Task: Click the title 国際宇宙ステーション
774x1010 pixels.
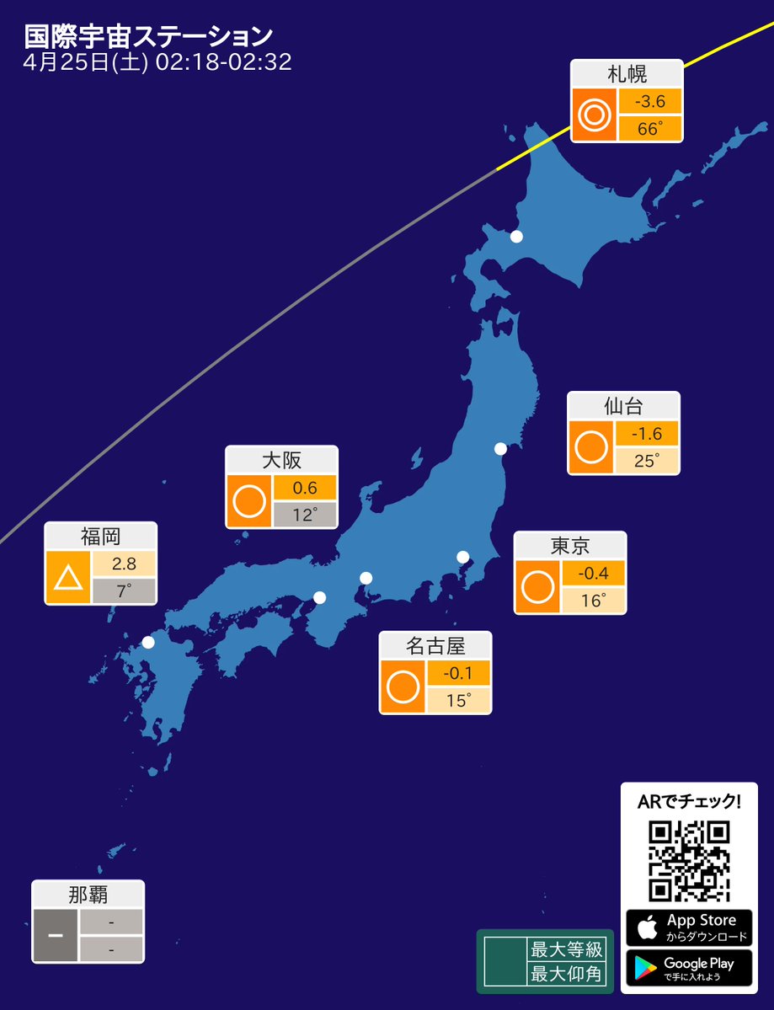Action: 148,36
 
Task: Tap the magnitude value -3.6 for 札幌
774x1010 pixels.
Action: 649,102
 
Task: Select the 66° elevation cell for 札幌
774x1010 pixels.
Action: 649,129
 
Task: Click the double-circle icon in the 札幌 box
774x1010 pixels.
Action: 593,115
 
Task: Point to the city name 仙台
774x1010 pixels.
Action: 623,406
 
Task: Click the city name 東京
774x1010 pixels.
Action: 570,546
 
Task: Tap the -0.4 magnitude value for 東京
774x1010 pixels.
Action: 593,574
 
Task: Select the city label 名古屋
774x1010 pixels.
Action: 435,646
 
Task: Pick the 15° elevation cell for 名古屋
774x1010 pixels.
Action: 458,700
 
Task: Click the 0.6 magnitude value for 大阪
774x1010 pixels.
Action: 304,488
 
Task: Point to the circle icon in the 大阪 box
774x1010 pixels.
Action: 248,502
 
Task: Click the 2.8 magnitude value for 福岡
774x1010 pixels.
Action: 124,564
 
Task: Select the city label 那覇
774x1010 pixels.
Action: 88,895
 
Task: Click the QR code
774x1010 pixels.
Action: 688,860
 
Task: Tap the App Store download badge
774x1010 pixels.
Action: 689,927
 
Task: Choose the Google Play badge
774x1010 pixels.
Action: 689,968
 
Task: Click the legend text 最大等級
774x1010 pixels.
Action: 566,950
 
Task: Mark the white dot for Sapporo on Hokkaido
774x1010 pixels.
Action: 516,237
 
